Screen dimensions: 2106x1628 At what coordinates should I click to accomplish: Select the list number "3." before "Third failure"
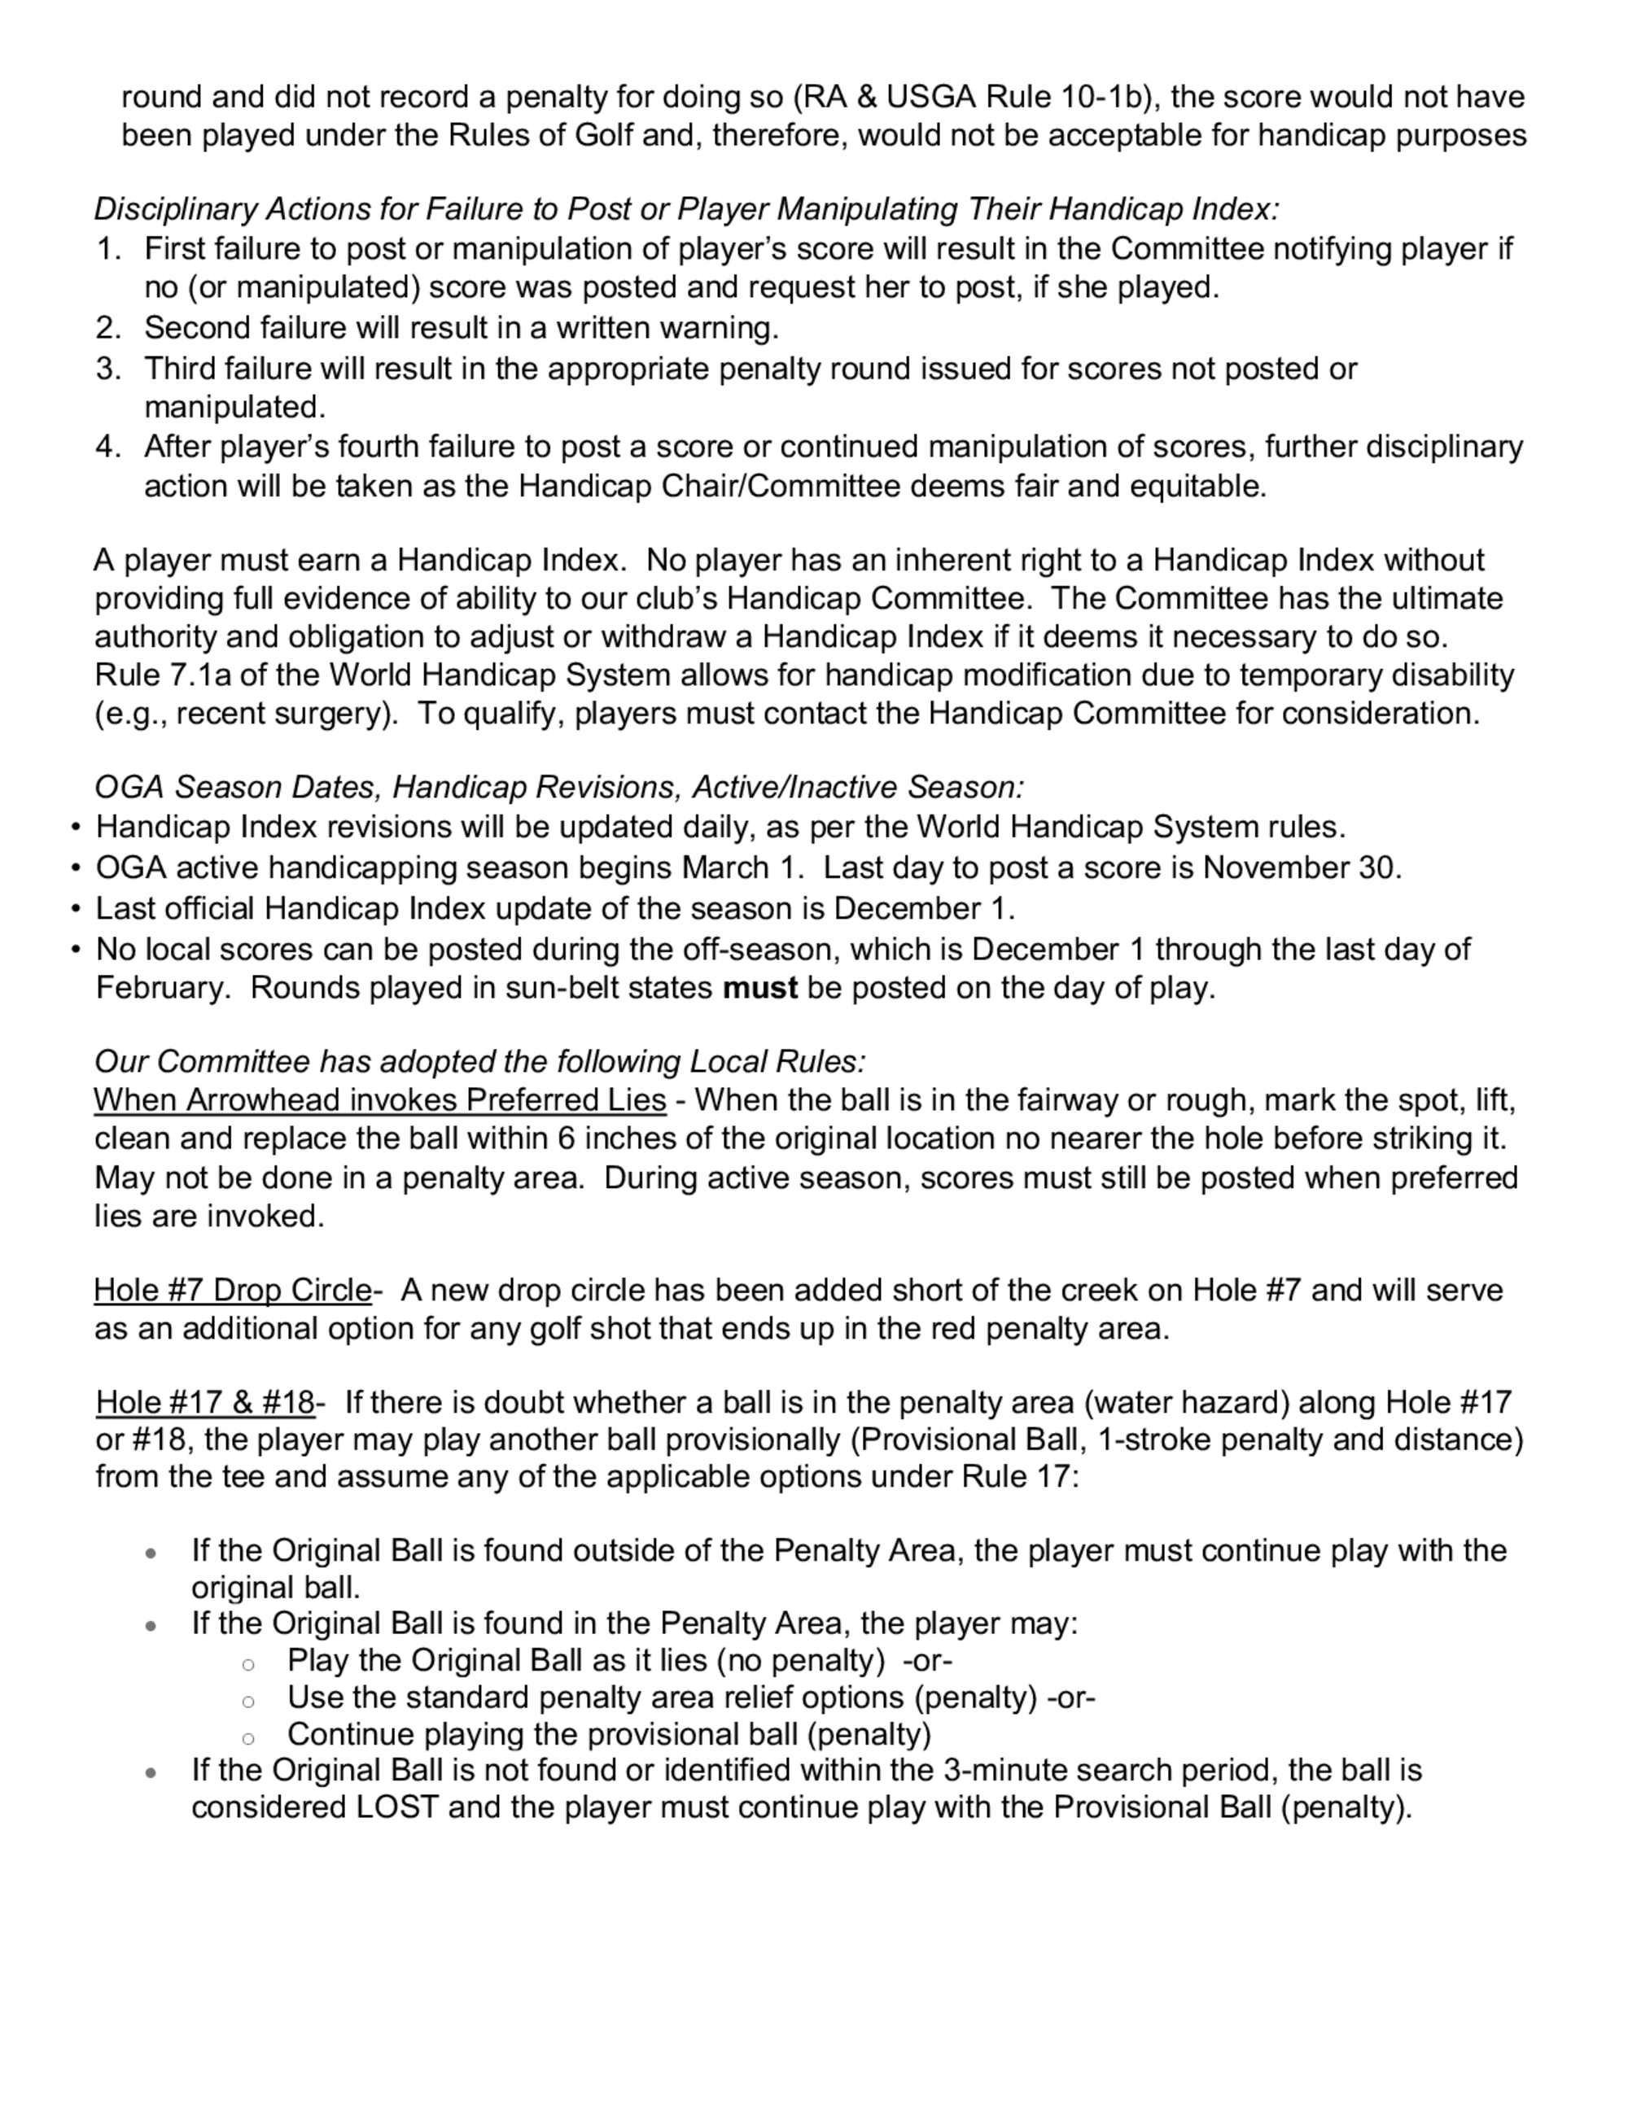point(108,369)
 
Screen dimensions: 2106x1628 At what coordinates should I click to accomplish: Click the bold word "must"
point(760,989)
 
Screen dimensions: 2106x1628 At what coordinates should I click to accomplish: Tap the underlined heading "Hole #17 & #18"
point(205,1402)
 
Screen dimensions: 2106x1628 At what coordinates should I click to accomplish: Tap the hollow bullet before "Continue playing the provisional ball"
point(248,1737)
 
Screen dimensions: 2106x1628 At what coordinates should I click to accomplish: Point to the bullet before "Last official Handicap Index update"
point(75,909)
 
